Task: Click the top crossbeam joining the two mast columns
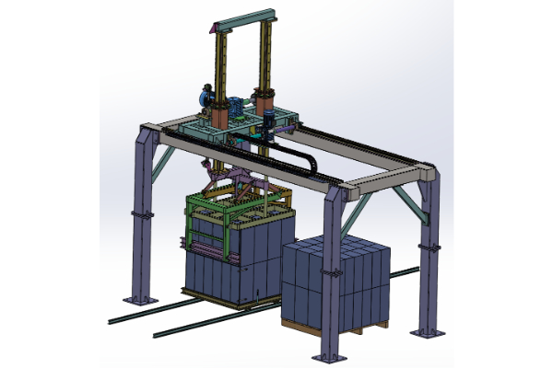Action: point(243,13)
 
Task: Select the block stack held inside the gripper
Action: point(230,267)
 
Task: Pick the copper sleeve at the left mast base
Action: point(220,118)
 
